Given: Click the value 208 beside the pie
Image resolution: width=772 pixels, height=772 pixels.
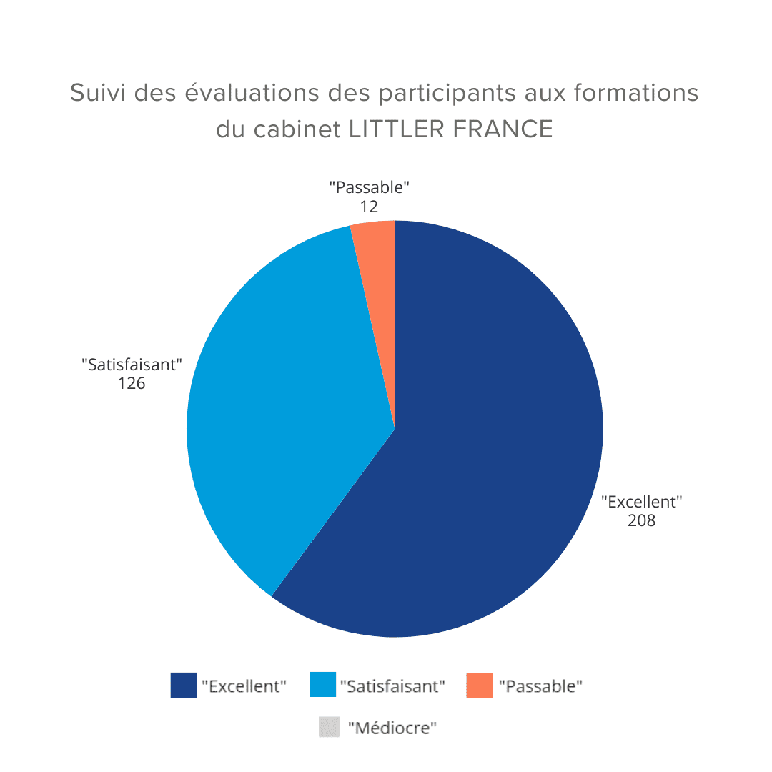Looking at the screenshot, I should click(641, 520).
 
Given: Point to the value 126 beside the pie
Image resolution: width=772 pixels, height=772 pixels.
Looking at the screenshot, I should click(132, 383).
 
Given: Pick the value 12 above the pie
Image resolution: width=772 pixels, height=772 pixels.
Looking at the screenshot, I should click(369, 207).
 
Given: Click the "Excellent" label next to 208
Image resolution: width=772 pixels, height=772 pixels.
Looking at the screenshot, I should click(641, 502).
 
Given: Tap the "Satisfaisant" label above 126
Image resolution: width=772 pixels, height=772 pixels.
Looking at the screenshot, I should click(132, 365).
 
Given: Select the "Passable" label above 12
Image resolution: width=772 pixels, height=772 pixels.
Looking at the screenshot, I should click(369, 188).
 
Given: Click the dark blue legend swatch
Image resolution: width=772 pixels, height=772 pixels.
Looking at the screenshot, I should click(183, 686).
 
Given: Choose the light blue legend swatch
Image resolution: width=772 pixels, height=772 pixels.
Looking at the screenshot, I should click(322, 686).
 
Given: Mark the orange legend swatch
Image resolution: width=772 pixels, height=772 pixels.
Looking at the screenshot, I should click(479, 686).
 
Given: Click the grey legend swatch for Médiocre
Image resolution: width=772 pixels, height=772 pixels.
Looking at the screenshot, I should click(329, 728).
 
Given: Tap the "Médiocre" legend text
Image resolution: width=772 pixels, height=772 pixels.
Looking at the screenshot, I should click(392, 728).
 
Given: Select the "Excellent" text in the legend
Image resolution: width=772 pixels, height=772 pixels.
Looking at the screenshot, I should click(244, 686).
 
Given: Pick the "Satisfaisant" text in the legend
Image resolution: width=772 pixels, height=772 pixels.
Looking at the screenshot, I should click(392, 686).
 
